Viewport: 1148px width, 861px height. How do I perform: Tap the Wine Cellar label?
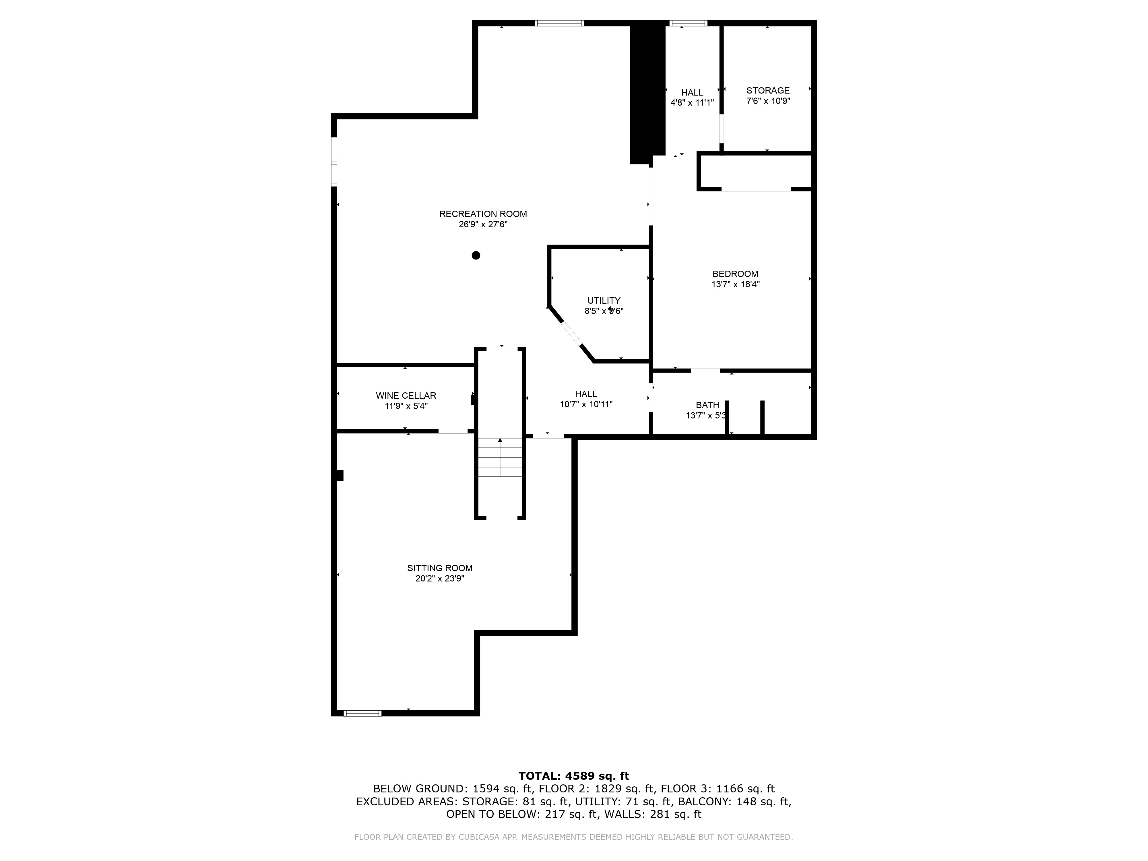[406, 395]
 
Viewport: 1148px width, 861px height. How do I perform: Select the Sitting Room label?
[440, 568]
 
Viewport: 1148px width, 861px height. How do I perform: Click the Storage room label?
[768, 90]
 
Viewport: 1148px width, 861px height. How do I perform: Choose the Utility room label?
[604, 300]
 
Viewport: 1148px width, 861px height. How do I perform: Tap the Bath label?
[707, 405]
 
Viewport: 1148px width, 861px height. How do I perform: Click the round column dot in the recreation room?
[476, 255]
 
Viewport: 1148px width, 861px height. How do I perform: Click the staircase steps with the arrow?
[500, 457]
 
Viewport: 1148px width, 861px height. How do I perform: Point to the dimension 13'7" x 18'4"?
[735, 284]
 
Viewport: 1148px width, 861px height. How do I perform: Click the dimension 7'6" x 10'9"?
[768, 101]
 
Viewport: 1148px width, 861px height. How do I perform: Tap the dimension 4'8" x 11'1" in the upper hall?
[692, 103]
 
